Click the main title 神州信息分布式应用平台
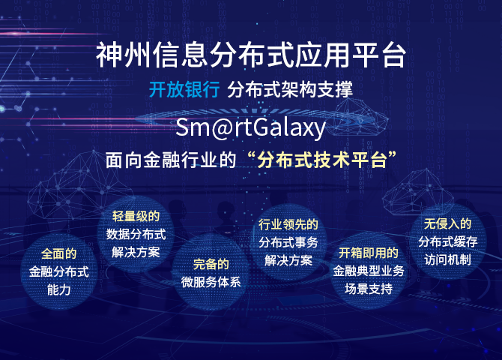(251, 55)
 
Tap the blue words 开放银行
(184, 89)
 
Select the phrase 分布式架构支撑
(290, 89)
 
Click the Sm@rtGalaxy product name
(250, 127)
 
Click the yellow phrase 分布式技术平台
(322, 159)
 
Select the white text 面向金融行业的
(171, 160)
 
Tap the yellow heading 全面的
(59, 254)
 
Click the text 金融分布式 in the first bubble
(59, 271)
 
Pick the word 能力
(59, 289)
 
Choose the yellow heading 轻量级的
(136, 217)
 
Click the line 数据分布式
(136, 234)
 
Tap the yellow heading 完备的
(211, 265)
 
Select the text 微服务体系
(211, 283)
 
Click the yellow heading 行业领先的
(288, 224)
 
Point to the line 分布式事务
(288, 242)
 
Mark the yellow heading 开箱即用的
(369, 253)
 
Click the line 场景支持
(369, 289)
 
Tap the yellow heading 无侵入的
(447, 223)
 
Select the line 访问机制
(447, 259)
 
